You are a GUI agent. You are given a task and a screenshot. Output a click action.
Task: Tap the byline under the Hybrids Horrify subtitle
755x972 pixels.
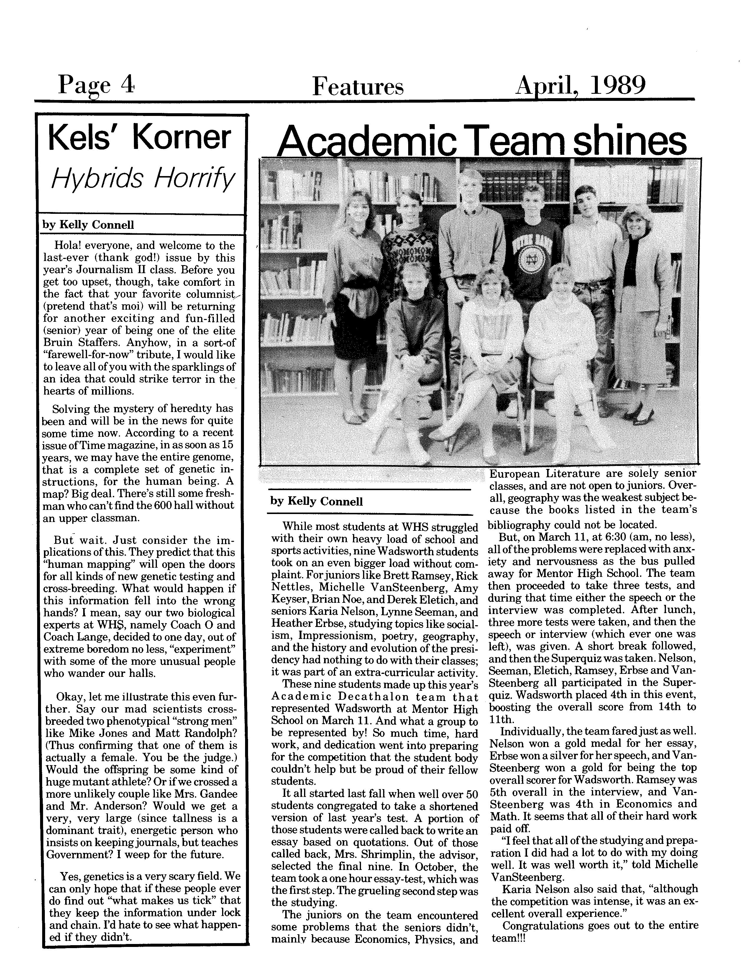pos(88,225)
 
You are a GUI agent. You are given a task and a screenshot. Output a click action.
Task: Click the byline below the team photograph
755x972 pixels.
pos(316,502)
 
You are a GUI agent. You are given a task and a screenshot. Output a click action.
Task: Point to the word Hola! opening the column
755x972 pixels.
pos(67,246)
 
